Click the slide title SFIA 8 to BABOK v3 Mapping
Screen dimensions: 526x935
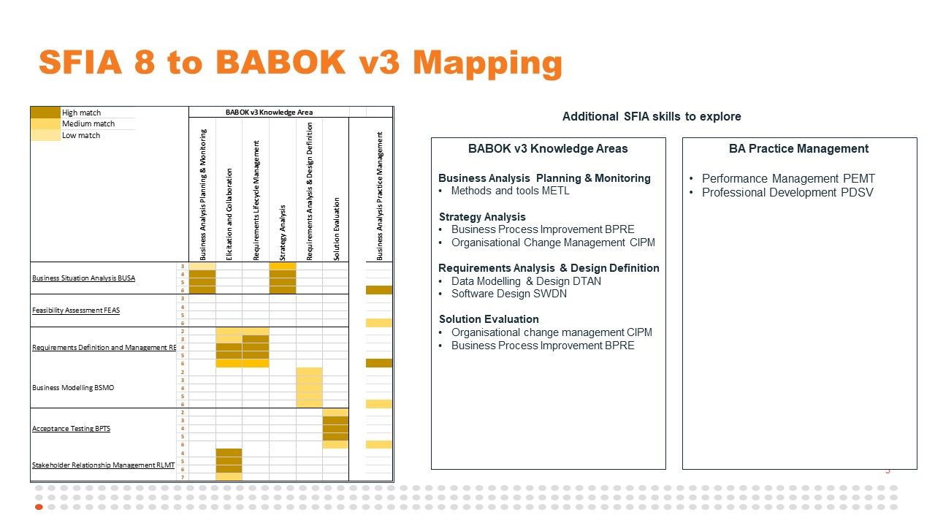pos(300,63)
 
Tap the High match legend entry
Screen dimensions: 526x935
pos(81,113)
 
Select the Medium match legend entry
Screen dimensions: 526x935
pos(88,124)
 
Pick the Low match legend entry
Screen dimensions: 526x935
pos(81,135)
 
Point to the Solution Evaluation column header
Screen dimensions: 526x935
pos(336,229)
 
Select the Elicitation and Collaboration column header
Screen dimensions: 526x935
pos(229,214)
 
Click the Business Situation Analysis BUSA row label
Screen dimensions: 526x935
pos(83,278)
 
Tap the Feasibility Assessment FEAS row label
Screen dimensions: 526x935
pos(76,310)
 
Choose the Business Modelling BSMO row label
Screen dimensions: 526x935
pos(73,388)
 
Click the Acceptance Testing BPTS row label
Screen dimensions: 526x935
pos(71,429)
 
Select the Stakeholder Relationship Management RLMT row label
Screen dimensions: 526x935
pos(103,465)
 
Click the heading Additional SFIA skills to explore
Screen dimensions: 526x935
pos(652,117)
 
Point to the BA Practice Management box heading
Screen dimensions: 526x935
pos(798,149)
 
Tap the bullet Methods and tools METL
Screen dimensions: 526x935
pos(510,191)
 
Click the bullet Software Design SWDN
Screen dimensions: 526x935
pos(508,294)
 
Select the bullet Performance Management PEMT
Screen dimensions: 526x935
pos(788,179)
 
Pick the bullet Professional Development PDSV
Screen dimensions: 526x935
pos(787,193)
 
